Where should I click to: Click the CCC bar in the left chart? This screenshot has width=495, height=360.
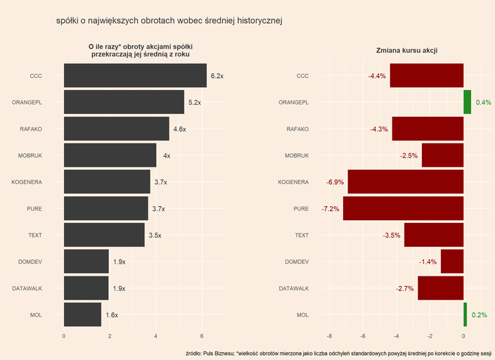135,76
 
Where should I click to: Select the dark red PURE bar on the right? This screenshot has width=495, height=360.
403,209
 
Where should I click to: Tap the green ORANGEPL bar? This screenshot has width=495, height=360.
467,103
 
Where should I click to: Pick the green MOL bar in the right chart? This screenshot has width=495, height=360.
465,315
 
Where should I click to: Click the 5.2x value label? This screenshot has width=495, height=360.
195,103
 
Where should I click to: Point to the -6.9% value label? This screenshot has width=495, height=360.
335,182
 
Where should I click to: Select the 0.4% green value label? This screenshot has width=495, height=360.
483,103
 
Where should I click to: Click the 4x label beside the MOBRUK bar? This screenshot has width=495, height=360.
167,155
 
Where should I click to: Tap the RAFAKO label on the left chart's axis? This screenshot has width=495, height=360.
31,129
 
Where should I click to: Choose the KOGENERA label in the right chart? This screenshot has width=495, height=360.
293,182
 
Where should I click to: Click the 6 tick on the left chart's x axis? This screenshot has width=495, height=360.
202,336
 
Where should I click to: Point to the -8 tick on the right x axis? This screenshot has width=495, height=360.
329,336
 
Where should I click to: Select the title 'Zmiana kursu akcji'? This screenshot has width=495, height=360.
408,50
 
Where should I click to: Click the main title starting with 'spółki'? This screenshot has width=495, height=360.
169,21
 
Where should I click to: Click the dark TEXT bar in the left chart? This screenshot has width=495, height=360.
104,235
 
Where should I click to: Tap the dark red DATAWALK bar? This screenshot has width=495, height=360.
440,288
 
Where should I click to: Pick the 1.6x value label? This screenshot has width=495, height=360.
112,315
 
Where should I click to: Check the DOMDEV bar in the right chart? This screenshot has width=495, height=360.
451,262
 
